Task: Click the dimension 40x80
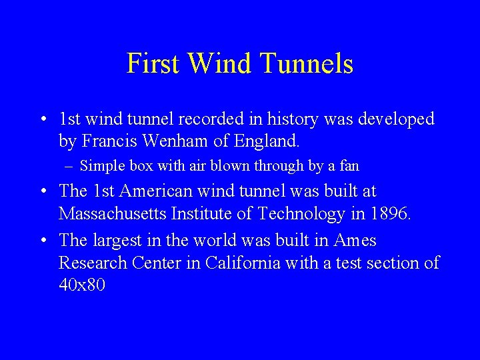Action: tap(82, 286)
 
